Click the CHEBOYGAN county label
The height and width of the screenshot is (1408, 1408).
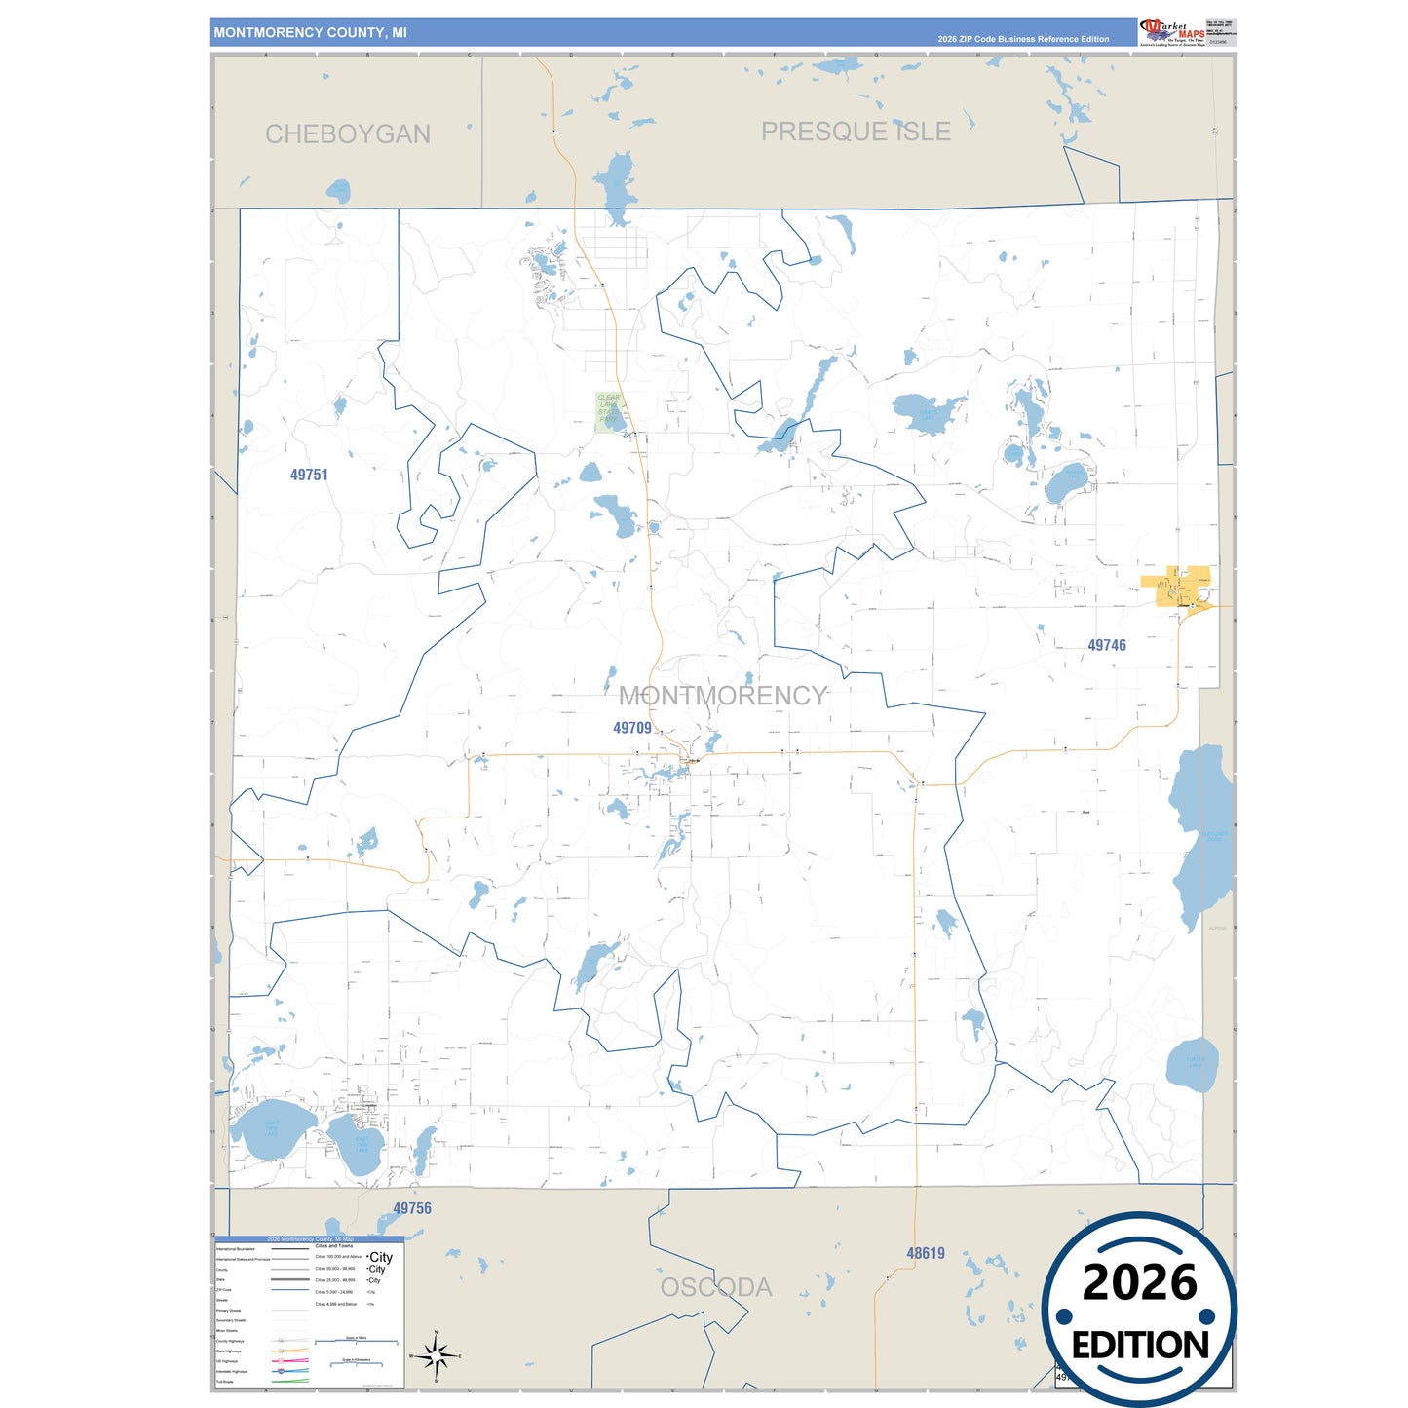point(348,133)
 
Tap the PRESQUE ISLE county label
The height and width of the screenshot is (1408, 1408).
point(856,132)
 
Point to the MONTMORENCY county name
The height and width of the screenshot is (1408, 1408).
point(723,696)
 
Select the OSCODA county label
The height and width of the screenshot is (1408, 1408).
point(716,1287)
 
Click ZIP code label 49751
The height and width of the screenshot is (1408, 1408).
point(309,475)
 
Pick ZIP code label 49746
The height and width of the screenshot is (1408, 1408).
point(1107,645)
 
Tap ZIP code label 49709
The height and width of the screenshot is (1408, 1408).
point(632,728)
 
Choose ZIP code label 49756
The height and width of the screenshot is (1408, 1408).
point(412,1208)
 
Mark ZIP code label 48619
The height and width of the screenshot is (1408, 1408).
point(926,1254)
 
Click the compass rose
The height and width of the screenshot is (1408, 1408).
point(436,1355)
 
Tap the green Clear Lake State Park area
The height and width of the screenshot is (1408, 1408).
point(610,411)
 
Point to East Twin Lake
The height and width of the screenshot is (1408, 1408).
point(358,1143)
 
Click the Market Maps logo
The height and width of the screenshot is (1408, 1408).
point(1172,31)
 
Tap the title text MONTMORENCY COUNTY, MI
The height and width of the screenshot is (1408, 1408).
point(311,33)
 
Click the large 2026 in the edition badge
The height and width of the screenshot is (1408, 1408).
point(1139,1282)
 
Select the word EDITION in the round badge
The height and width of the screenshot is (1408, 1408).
point(1140,1346)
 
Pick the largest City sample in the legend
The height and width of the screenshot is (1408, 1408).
point(381,1258)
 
